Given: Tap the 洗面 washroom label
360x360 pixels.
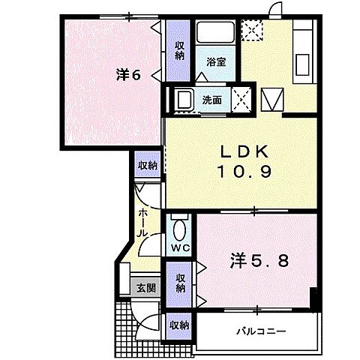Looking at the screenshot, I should tap(211, 98).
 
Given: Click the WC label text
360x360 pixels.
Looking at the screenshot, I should tap(179, 247).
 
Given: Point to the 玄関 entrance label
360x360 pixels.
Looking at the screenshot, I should tap(146, 286).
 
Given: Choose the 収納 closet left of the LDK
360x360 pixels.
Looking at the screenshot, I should tap(147, 165).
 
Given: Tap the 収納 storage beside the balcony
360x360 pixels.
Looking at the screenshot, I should tap(178, 325).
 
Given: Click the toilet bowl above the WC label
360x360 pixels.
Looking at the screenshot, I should tap(180, 228).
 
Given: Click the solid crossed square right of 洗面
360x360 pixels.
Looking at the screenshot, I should tap(241, 98).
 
